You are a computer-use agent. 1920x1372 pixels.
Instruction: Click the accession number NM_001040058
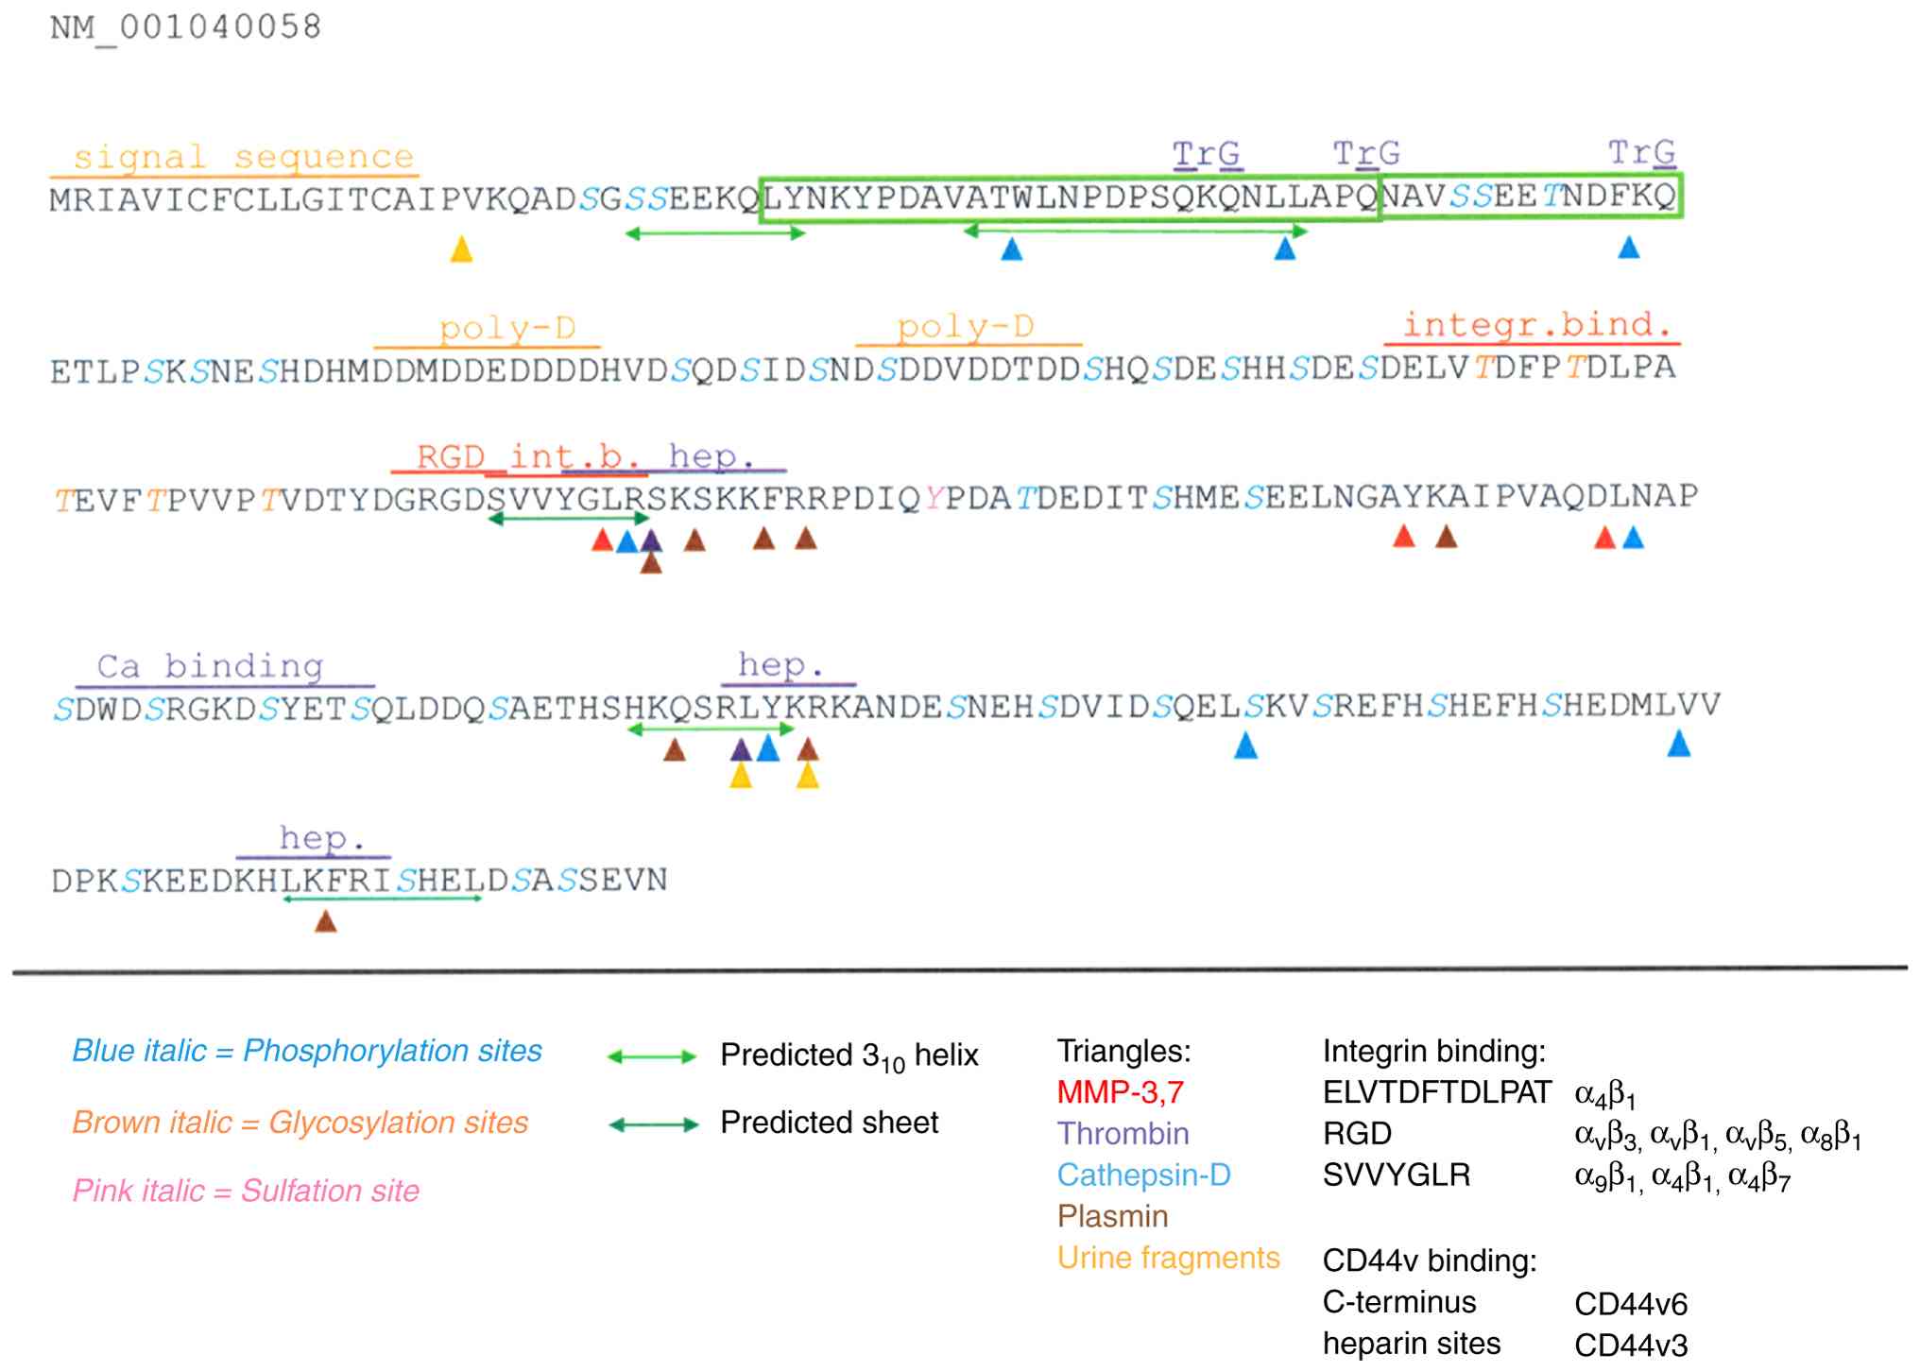(185, 26)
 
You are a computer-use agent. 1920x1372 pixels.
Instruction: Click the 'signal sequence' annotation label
(243, 157)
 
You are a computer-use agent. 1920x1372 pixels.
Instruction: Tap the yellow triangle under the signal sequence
(461, 249)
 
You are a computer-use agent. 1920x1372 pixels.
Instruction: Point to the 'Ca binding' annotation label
(210, 666)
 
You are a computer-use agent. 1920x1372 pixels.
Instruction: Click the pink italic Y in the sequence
(934, 498)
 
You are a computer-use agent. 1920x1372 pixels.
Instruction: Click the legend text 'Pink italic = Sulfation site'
(246, 1191)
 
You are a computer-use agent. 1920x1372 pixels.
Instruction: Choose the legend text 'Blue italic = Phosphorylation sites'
(307, 1051)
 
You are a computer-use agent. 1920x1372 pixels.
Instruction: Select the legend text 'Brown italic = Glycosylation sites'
(300, 1122)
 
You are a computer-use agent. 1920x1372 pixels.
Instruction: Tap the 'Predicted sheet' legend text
(829, 1123)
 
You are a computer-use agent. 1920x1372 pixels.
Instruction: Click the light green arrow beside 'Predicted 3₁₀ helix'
(652, 1056)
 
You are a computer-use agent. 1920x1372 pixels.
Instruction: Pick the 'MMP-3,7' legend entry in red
(1120, 1092)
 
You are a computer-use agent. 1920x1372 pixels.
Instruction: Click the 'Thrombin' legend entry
(1123, 1134)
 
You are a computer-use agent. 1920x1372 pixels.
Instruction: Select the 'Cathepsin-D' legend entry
(1143, 1175)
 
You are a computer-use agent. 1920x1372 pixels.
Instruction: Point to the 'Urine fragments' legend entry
(1168, 1258)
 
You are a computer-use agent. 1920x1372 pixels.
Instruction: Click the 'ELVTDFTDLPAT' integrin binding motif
(1436, 1092)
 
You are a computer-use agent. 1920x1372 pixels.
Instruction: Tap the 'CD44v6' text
(1630, 1304)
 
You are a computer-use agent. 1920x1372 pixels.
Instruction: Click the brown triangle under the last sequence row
(325, 921)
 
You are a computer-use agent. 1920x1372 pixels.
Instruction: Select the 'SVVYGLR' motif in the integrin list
(1396, 1175)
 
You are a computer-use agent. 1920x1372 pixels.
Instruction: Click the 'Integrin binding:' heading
(1433, 1051)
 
